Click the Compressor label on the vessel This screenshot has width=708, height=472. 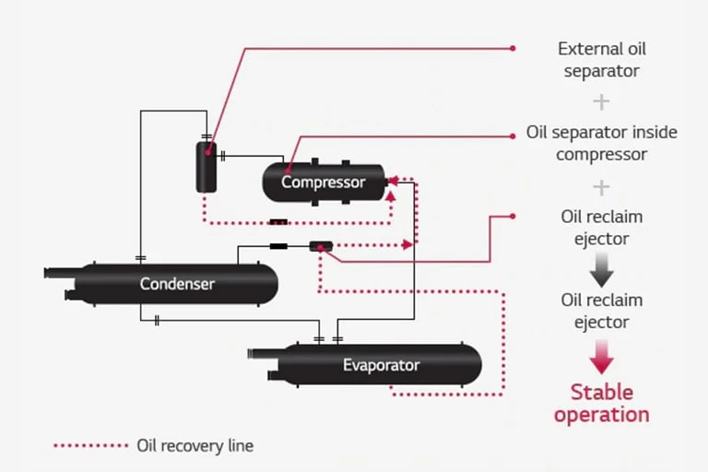coord(323,183)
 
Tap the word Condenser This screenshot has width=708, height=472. coord(177,283)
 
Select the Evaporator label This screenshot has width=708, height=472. coord(381,365)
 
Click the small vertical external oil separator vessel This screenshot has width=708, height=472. coord(206,166)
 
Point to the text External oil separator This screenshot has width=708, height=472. coord(601,59)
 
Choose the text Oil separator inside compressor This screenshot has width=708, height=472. coord(601,143)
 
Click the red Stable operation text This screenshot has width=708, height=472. coord(601,403)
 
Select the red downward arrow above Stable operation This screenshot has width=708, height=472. coord(601,355)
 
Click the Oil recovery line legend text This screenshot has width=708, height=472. coord(195,445)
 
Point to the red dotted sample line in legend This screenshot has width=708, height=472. coord(90,445)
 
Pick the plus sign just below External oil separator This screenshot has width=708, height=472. coord(601,101)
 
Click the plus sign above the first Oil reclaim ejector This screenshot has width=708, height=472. coord(601,187)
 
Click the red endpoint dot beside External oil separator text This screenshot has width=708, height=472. coord(513,48)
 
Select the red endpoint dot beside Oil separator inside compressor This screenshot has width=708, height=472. coord(513,136)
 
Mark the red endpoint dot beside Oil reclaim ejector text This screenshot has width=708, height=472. coord(513,217)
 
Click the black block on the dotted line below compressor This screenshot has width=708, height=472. coord(278,221)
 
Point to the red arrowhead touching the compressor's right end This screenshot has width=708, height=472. coord(394,181)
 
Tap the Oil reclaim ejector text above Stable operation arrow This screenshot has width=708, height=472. coord(601,311)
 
